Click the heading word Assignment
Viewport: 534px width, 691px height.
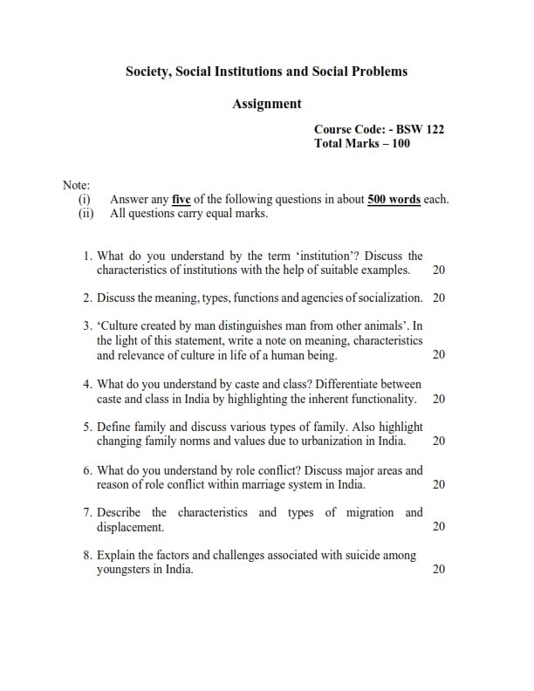click(267, 104)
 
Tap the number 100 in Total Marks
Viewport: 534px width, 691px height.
click(400, 144)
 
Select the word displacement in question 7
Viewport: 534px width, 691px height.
click(130, 527)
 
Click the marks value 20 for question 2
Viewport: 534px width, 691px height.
click(439, 298)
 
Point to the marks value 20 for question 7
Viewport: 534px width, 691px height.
click(439, 527)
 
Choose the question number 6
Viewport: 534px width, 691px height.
click(87, 470)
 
